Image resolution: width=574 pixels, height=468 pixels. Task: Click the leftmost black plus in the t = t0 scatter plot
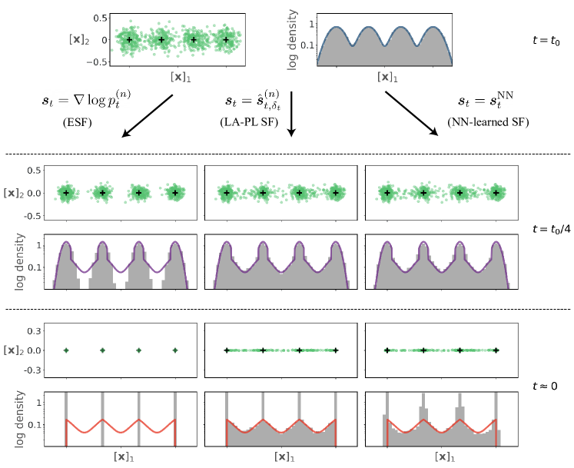[129, 40]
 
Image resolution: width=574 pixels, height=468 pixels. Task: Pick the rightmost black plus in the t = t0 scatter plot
[226, 40]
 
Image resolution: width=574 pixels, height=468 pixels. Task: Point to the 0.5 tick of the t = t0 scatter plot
[100, 18]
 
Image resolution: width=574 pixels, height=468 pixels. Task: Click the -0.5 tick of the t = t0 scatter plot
[98, 62]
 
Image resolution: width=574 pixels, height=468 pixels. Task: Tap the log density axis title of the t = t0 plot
[293, 41]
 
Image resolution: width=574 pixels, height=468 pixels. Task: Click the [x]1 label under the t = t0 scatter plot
[181, 77]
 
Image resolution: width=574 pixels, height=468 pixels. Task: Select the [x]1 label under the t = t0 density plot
[387, 77]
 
